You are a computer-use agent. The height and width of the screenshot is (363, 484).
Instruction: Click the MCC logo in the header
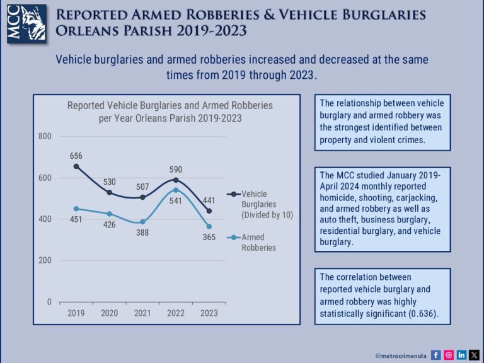(x=23, y=24)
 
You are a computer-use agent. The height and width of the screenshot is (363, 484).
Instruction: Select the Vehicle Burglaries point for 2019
(x=76, y=166)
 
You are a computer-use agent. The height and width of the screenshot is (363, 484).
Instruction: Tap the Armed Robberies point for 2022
(x=176, y=190)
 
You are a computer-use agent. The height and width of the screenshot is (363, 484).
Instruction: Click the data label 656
(x=76, y=156)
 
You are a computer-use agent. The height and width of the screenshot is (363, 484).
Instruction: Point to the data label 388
(x=142, y=233)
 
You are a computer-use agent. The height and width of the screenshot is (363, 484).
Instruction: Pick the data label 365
(x=209, y=238)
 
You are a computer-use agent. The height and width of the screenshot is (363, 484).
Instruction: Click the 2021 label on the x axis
(x=142, y=313)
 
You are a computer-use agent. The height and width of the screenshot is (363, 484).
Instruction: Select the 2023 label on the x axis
(x=209, y=313)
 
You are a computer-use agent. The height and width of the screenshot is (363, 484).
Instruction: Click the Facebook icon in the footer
(x=436, y=355)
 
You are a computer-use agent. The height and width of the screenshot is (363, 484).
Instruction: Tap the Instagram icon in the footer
(x=449, y=355)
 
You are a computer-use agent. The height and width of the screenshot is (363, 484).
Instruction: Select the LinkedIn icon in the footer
(x=461, y=355)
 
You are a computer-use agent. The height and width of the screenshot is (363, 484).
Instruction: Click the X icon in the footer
(x=474, y=355)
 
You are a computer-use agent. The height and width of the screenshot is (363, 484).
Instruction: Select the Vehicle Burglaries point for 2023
(x=209, y=210)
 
